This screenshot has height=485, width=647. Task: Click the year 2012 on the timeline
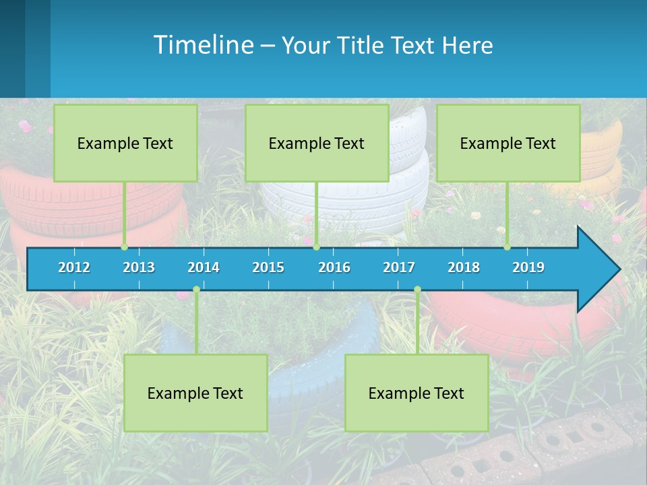pos(74,267)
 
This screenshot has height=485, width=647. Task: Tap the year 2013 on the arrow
pos(139,267)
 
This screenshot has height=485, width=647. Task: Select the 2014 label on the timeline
pos(204,267)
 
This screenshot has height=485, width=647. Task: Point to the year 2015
pos(268,267)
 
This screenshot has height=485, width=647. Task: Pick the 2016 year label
pos(334,267)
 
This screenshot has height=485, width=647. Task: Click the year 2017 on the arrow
pos(399,267)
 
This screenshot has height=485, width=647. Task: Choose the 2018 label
pos(464,267)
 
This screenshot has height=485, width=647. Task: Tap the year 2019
pos(528,267)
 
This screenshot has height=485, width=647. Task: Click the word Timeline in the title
pos(203,45)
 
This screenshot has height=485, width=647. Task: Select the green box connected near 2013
pos(125,143)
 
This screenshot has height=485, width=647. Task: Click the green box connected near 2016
pos(317,143)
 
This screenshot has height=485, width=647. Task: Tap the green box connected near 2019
pos(508,143)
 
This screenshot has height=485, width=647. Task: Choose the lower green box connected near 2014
pos(195,393)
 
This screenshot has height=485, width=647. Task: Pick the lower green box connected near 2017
pos(417,393)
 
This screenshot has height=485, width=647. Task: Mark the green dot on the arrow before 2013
pos(124,247)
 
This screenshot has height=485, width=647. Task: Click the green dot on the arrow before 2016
pos(316,247)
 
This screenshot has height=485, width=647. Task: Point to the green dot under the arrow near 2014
pos(196,290)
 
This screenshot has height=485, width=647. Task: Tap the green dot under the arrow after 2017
pos(417,290)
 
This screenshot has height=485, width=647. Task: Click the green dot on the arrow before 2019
pos(507,247)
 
